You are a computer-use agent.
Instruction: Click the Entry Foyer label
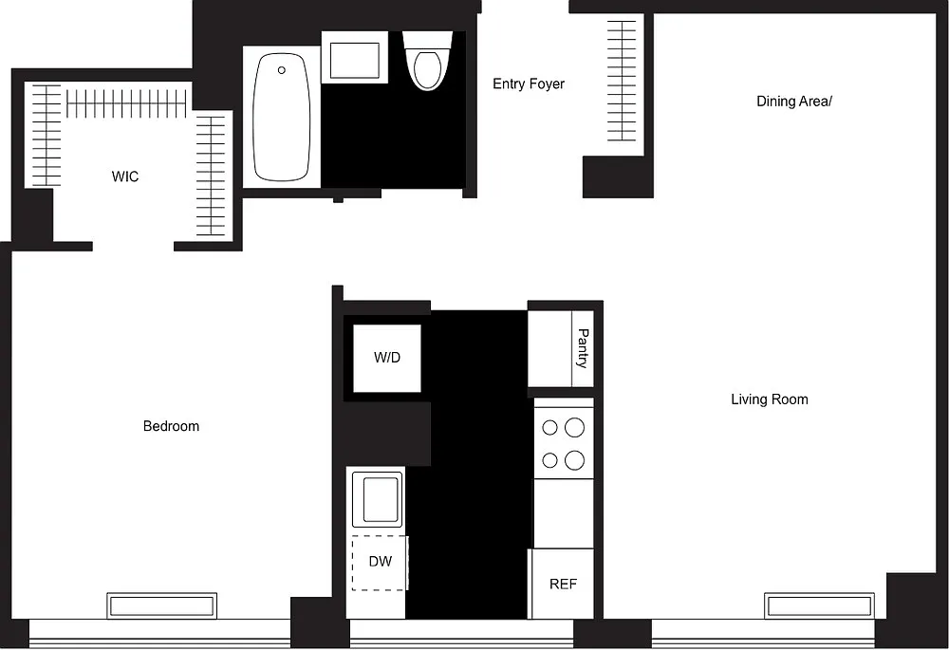pos(529,84)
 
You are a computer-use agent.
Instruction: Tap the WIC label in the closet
pos(125,176)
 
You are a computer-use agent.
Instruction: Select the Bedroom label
pos(171,426)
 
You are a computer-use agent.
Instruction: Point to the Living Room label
pos(770,399)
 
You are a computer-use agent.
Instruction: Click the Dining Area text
pos(794,102)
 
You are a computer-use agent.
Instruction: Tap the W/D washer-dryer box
pos(387,359)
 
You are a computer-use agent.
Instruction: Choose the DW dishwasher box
pos(381,563)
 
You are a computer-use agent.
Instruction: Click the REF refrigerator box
pos(562,584)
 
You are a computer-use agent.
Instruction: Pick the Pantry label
pos(583,348)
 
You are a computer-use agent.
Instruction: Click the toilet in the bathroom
pos(427,61)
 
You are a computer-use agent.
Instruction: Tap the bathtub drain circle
pos(282,70)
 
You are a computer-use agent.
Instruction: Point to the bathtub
pos(282,117)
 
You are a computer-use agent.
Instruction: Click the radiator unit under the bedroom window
pos(162,605)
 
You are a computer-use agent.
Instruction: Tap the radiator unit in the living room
pos(820,605)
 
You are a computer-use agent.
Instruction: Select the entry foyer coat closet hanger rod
pos(622,81)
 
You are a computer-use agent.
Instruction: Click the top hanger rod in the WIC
pos(126,104)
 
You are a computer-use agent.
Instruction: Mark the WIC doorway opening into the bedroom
pos(133,247)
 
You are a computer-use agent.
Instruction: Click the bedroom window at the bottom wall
pos(159,634)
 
